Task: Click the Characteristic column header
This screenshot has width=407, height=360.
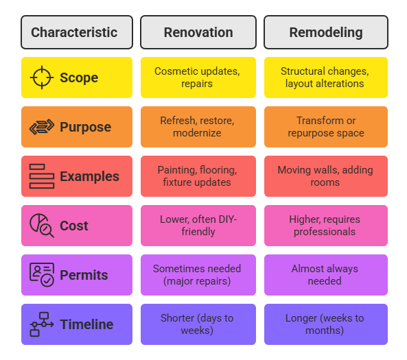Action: coord(77,32)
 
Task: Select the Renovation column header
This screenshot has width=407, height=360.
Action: coord(198,32)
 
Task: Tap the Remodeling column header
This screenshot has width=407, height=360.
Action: coord(326,32)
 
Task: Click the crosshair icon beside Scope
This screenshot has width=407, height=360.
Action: coord(42,77)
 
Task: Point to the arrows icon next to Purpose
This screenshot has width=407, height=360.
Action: coord(42,127)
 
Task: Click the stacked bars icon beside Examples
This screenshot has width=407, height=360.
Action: coord(42,176)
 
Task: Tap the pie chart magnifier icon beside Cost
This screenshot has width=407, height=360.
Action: coord(42,226)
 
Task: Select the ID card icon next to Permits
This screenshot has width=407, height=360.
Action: coord(42,275)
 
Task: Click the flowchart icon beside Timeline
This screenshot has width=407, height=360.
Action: coord(42,324)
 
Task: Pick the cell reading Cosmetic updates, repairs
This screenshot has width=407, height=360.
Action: coord(198,77)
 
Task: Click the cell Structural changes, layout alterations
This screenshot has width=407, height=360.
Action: coord(326,77)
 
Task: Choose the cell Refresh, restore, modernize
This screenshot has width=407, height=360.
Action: coord(198,127)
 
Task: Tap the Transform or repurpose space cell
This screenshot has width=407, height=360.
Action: coord(326,127)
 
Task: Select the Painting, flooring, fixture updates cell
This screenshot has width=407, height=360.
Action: coord(198,176)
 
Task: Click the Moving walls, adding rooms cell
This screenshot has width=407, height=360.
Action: coord(326,176)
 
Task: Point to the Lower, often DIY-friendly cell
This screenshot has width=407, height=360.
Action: coord(198,226)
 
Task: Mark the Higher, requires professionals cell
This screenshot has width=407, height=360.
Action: coord(326,226)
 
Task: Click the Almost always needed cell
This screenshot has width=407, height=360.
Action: coord(326,275)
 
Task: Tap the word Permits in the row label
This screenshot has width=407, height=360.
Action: coord(84,275)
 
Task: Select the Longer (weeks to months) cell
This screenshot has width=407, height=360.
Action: coord(326,324)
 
